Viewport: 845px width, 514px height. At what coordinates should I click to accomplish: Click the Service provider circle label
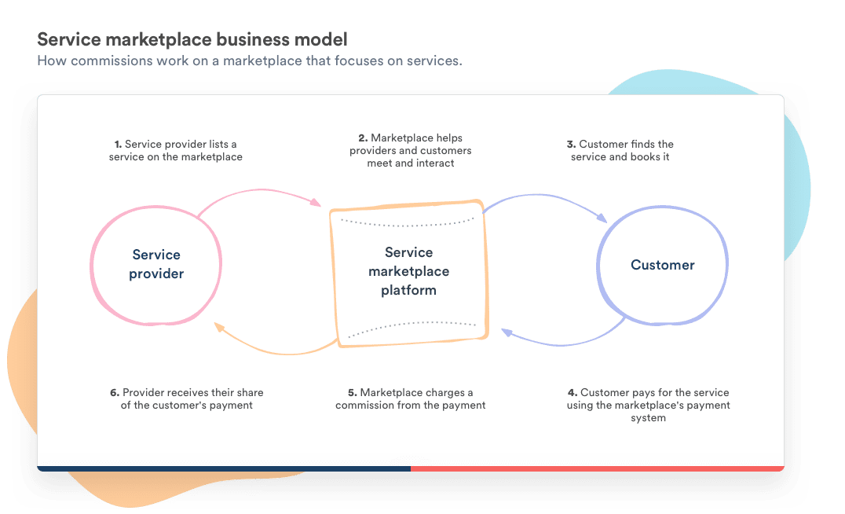[x=156, y=264]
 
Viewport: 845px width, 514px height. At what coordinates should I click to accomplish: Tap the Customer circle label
[x=662, y=265]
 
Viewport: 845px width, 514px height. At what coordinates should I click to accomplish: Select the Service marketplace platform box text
[x=408, y=271]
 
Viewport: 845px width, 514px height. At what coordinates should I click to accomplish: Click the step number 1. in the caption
[x=118, y=145]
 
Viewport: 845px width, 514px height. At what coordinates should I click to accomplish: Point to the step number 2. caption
[x=364, y=138]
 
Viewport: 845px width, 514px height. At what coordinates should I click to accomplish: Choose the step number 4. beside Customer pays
[x=572, y=392]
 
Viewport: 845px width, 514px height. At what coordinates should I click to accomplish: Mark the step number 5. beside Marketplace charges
[x=352, y=392]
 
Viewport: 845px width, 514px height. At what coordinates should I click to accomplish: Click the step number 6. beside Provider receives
[x=115, y=392]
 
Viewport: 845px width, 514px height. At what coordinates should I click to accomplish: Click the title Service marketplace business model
[x=192, y=39]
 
